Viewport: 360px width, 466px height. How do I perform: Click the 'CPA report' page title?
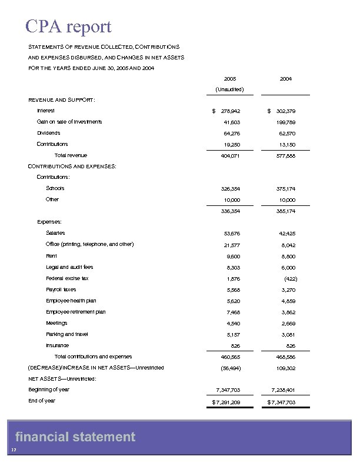pos(68,26)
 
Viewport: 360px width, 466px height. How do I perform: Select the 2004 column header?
pos(286,78)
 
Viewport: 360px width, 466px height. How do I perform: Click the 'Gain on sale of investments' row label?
pos(69,122)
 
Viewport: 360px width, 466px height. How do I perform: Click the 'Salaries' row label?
pos(56,234)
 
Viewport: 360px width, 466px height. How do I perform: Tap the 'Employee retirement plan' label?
pos(76,312)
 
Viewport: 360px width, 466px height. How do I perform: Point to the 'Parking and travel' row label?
pos(67,334)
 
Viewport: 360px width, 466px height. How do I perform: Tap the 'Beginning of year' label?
pos(49,390)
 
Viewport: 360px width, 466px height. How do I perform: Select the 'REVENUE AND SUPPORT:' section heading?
pos(62,99)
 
